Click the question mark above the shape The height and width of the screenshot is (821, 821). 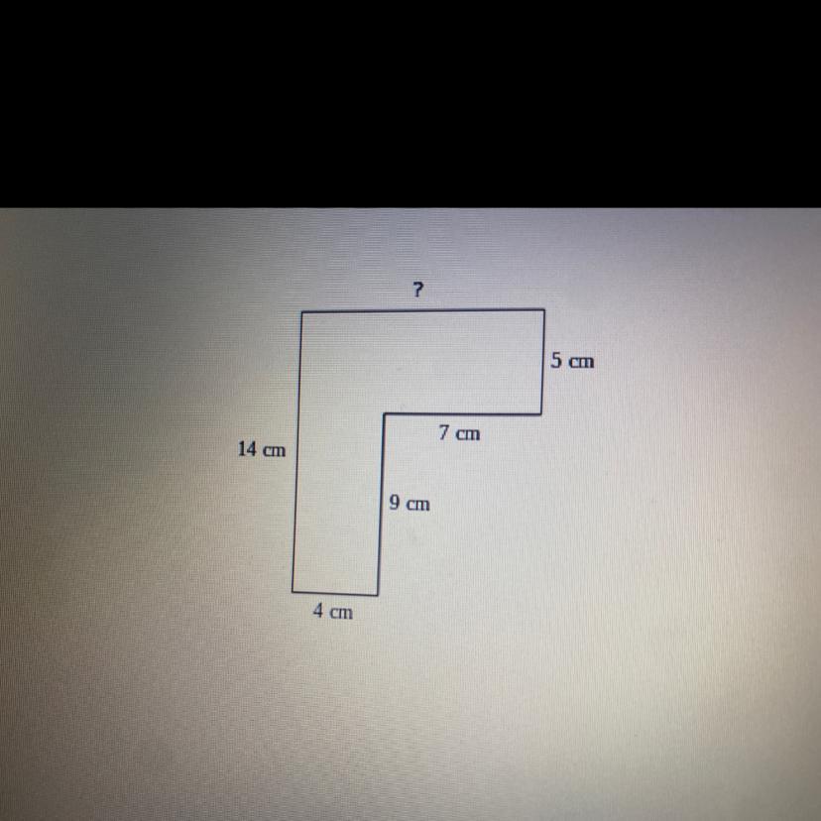(416, 289)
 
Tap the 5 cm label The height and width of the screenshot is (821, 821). (572, 361)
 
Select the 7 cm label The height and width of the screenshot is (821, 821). (459, 433)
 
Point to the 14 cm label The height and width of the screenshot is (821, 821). (262, 449)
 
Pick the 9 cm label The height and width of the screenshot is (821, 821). (410, 503)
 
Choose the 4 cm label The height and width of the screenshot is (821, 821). (333, 611)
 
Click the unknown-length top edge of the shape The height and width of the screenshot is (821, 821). (423, 311)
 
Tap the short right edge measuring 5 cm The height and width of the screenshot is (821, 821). (543, 362)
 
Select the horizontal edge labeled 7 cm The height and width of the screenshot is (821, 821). (463, 414)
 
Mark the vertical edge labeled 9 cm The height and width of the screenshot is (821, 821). (381, 505)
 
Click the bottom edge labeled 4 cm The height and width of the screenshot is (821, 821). (334, 593)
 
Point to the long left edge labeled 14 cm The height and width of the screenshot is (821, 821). (296, 452)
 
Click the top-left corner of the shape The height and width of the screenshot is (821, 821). (302, 312)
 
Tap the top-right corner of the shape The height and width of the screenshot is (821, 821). (544, 310)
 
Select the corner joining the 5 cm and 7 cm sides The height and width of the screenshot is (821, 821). (541, 414)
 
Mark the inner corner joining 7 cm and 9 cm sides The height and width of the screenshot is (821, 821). (385, 414)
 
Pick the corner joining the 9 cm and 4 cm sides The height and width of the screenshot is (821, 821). (378, 595)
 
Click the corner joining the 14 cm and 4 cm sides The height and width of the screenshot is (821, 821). (293, 592)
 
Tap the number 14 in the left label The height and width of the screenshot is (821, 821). (247, 449)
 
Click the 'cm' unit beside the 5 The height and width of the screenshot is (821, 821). (582, 362)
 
